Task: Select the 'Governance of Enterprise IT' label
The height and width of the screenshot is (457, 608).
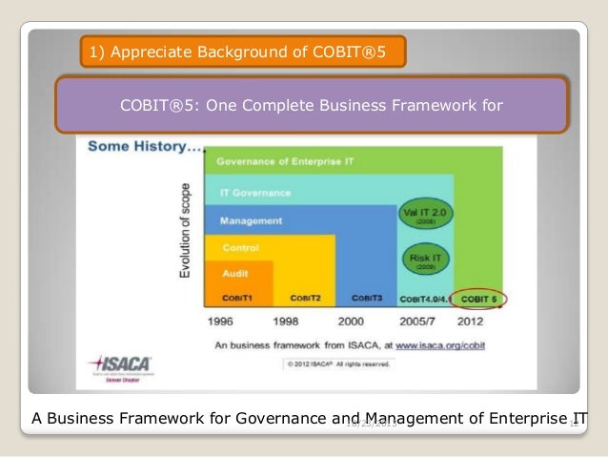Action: point(285,161)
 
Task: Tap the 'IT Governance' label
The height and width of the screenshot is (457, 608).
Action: point(254,192)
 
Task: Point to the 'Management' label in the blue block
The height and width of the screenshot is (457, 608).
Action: point(251,220)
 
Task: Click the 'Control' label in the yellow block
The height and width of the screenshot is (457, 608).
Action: point(240,247)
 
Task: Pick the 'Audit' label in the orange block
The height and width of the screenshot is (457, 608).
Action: point(235,272)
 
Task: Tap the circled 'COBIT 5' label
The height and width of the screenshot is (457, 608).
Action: point(479,299)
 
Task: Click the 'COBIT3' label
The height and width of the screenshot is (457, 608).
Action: point(366,298)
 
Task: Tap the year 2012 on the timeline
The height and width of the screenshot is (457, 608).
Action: point(479,321)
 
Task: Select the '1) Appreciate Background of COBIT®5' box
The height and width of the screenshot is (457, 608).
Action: point(244,52)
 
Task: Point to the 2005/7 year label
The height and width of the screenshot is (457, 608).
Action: point(417,321)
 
